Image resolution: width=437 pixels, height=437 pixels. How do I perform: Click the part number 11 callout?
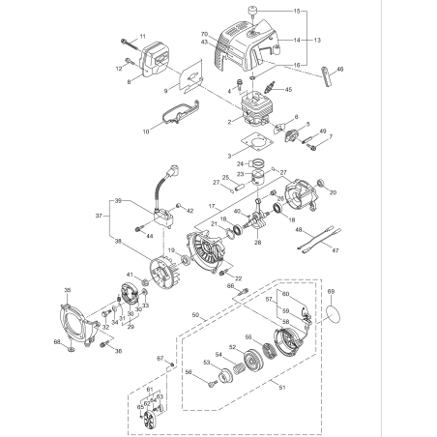coord(142,37)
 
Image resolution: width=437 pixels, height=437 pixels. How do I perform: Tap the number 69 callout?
coord(331,289)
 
